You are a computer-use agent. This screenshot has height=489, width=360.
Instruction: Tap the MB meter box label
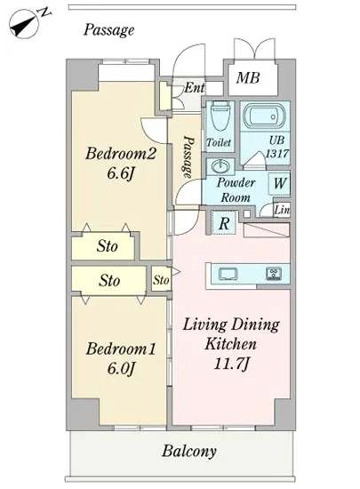click(248, 77)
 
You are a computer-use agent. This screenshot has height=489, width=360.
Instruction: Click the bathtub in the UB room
click(264, 116)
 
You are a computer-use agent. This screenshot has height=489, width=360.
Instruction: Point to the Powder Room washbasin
click(220, 166)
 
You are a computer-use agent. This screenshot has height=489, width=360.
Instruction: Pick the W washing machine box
click(279, 183)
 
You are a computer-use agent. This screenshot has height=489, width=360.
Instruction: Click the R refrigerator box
click(224, 222)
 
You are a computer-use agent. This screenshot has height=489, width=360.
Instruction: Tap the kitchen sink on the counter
click(228, 274)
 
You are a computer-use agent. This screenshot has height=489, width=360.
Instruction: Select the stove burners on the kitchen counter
click(274, 274)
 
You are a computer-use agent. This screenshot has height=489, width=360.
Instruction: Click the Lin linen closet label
click(283, 210)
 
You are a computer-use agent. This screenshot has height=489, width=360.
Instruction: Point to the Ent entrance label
click(195, 88)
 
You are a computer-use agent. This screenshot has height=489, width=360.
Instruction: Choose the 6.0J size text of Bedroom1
click(121, 368)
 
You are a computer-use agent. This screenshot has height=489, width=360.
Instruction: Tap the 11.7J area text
click(231, 364)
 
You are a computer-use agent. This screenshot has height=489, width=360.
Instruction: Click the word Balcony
click(188, 451)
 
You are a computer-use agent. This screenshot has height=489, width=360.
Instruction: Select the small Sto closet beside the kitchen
click(161, 279)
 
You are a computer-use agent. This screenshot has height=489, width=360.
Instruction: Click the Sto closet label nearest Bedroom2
click(107, 246)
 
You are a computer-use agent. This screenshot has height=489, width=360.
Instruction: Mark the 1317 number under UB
click(277, 154)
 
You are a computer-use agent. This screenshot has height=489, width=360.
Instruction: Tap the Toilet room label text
click(219, 142)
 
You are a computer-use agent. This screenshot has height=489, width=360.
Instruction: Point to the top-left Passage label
click(108, 30)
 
